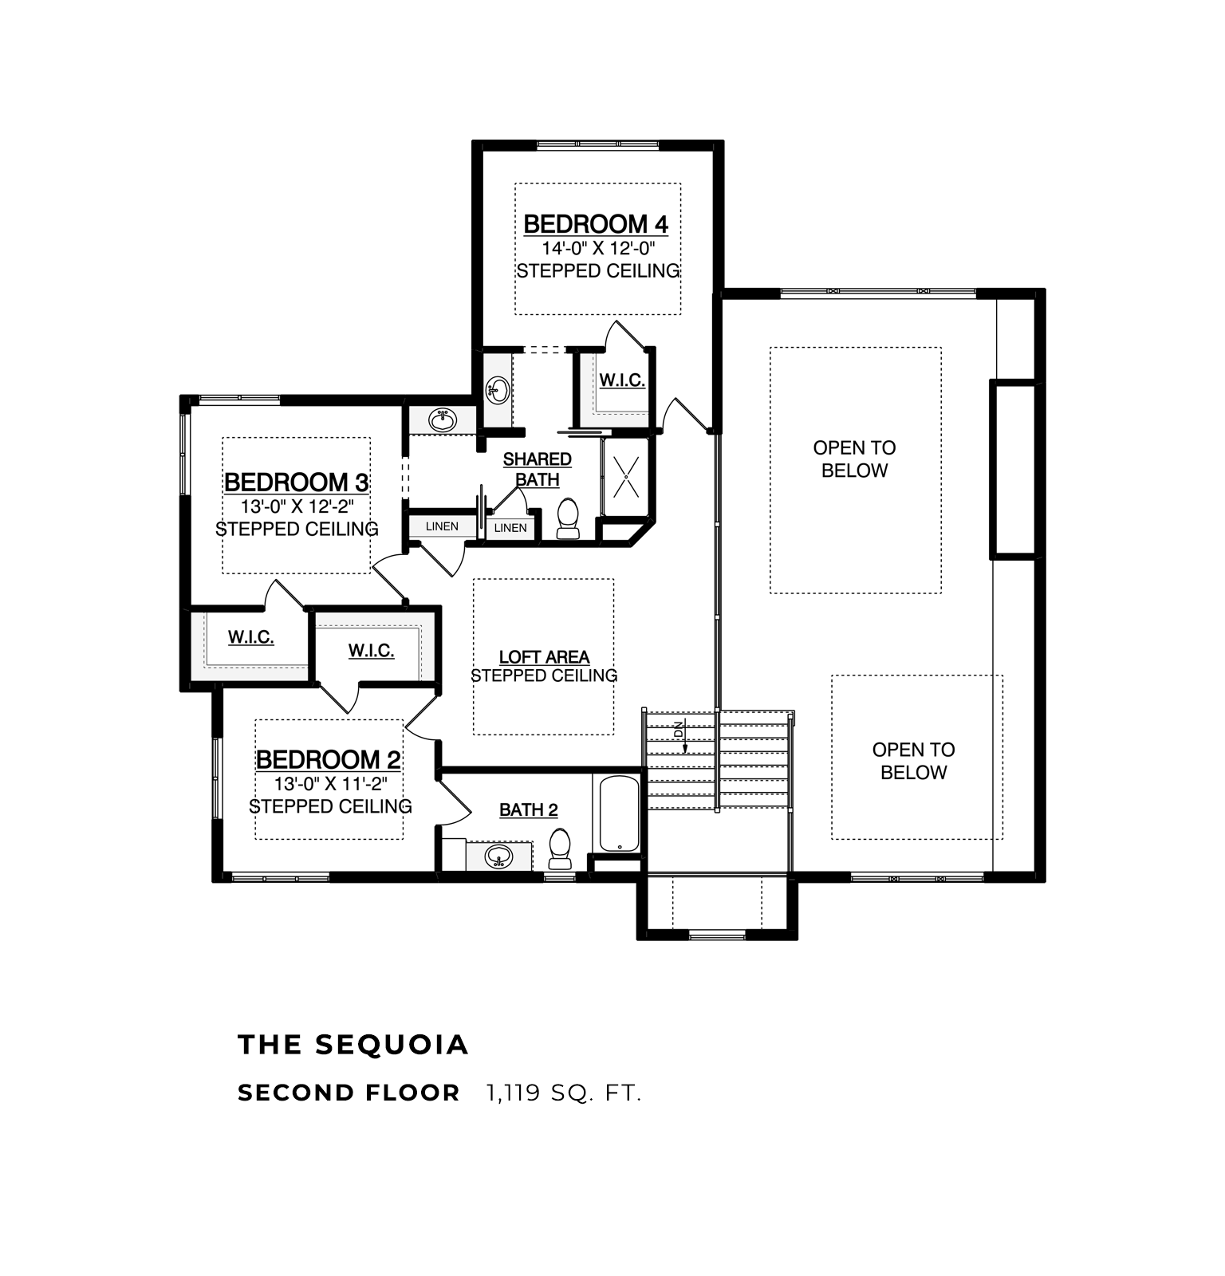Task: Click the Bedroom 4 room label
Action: (x=596, y=224)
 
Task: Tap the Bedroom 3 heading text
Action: (x=296, y=482)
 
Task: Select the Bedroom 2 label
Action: (x=329, y=759)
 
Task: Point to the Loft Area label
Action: (x=545, y=657)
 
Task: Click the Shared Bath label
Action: (x=538, y=470)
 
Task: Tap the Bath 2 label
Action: (x=529, y=810)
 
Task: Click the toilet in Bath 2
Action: (x=561, y=849)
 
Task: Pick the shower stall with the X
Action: (x=626, y=476)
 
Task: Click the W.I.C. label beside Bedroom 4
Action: (x=622, y=380)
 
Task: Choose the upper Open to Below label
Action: (x=855, y=459)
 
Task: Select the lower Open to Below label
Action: (x=914, y=761)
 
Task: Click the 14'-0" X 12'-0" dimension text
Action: (x=598, y=248)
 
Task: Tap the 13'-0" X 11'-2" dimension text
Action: (x=331, y=784)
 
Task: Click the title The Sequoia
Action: (x=353, y=1045)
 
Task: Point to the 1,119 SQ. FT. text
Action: (x=564, y=1093)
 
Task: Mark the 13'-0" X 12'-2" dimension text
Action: (x=297, y=506)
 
